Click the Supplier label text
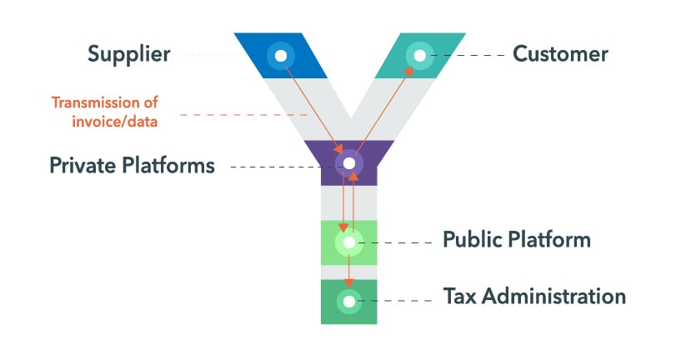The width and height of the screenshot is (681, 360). pyautogui.click(x=128, y=55)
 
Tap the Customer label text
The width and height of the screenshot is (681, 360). pyautogui.click(x=560, y=55)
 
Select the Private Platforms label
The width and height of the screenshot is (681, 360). pyautogui.click(x=132, y=165)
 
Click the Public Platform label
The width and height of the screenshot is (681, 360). pyautogui.click(x=516, y=240)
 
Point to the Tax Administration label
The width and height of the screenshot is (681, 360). pyautogui.click(x=534, y=296)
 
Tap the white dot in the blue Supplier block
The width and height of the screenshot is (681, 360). pyautogui.click(x=281, y=56)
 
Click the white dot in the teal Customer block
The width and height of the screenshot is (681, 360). pyautogui.click(x=419, y=56)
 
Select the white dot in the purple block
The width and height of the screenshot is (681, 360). pyautogui.click(x=349, y=162)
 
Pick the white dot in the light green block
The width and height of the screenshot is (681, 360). pyautogui.click(x=349, y=242)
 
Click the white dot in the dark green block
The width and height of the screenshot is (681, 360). pyautogui.click(x=349, y=301)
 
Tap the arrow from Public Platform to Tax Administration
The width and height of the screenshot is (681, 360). pyautogui.click(x=349, y=271)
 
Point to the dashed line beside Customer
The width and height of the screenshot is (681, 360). pyautogui.click(x=471, y=56)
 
